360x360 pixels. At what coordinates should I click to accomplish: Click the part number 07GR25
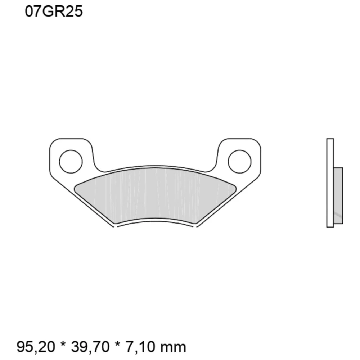54,12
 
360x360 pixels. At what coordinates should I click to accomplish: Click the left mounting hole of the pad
71,162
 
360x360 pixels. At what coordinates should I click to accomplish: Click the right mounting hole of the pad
239,162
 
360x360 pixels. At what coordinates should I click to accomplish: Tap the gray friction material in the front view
155,194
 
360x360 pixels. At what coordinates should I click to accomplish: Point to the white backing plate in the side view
330,183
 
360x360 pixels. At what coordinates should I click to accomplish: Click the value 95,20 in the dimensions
36,347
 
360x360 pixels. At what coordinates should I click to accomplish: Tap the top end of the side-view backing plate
330,140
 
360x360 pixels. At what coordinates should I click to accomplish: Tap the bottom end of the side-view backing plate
330,226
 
